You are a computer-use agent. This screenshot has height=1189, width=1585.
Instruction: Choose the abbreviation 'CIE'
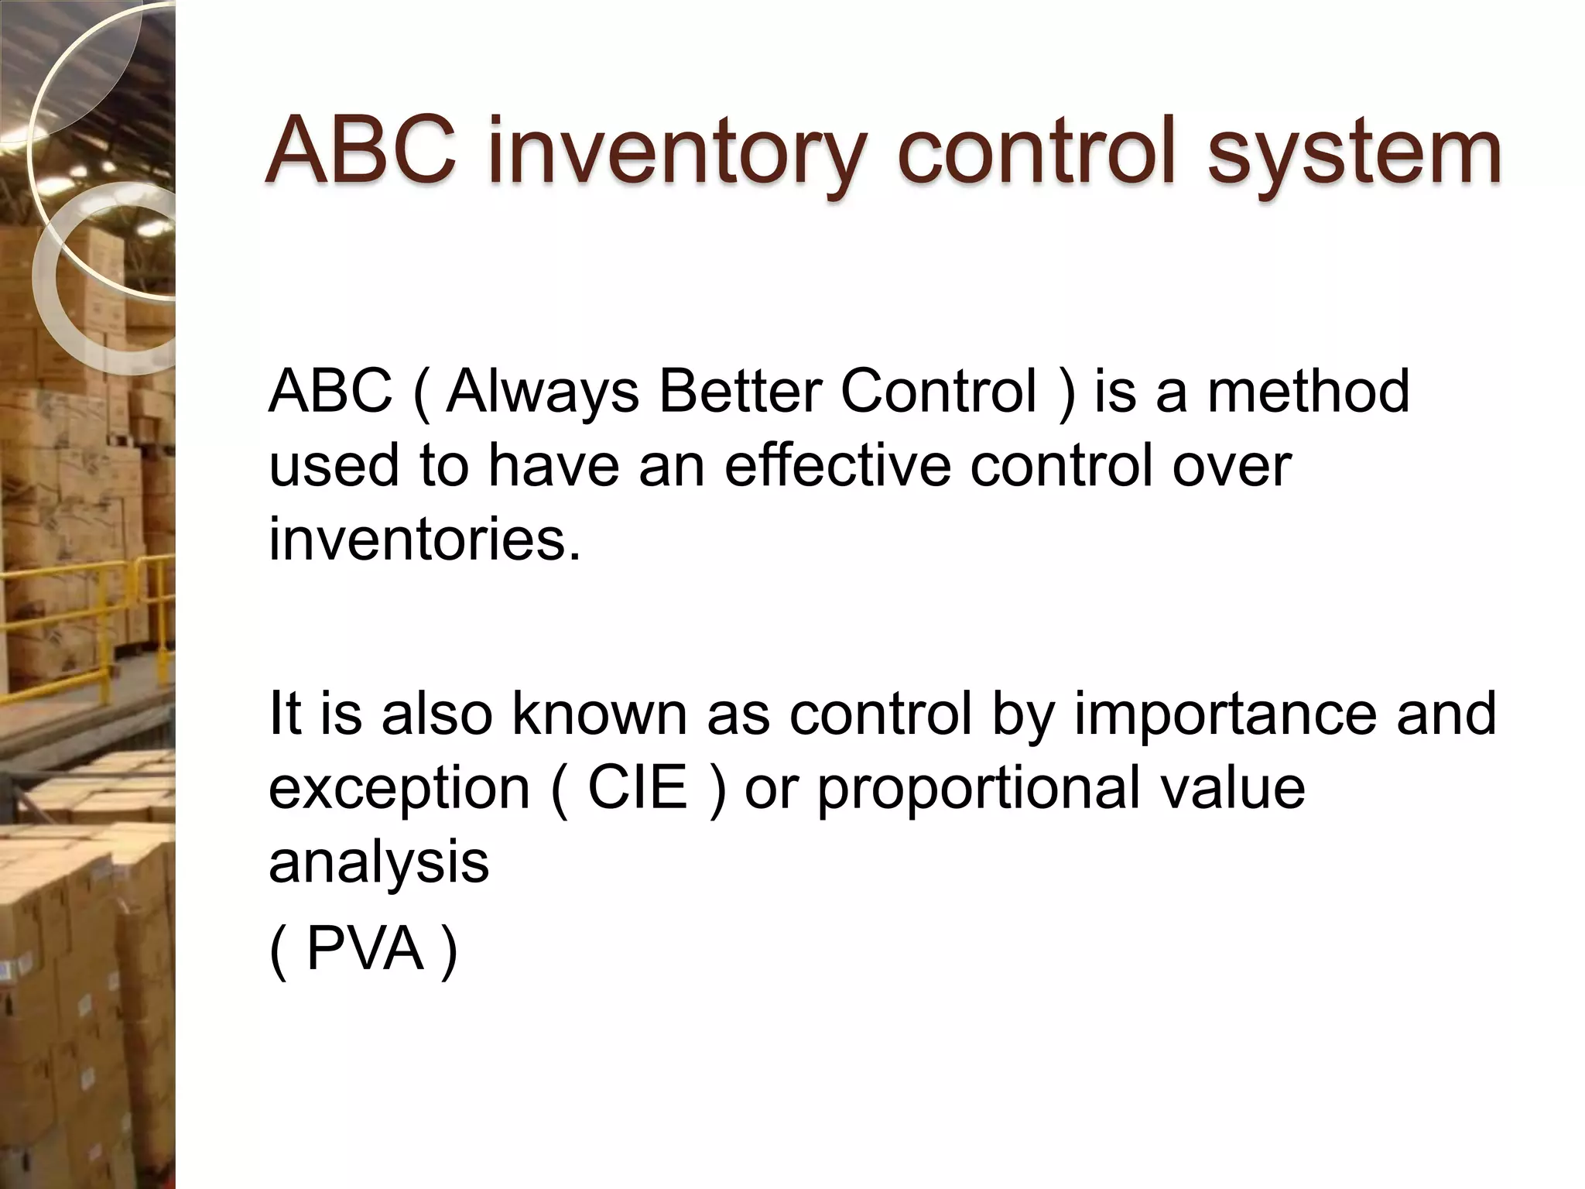[x=638, y=787]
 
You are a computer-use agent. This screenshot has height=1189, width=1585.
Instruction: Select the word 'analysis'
[x=378, y=862]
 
